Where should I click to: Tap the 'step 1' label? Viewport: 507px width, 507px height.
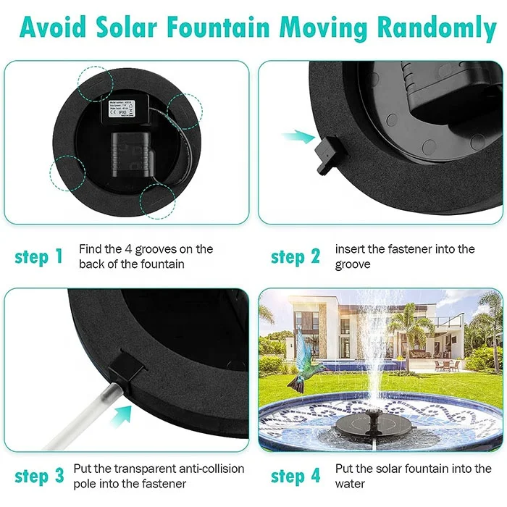click(39, 257)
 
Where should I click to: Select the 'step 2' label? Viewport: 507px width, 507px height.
click(296, 257)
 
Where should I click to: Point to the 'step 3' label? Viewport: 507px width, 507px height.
click(39, 476)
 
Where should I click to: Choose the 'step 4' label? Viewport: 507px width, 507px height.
click(296, 476)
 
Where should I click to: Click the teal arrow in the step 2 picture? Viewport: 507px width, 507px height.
click(294, 135)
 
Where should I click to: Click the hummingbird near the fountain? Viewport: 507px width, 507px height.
click(305, 364)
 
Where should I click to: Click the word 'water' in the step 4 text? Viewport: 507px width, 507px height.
click(350, 483)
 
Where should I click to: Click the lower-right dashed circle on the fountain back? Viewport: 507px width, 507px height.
click(158, 201)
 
